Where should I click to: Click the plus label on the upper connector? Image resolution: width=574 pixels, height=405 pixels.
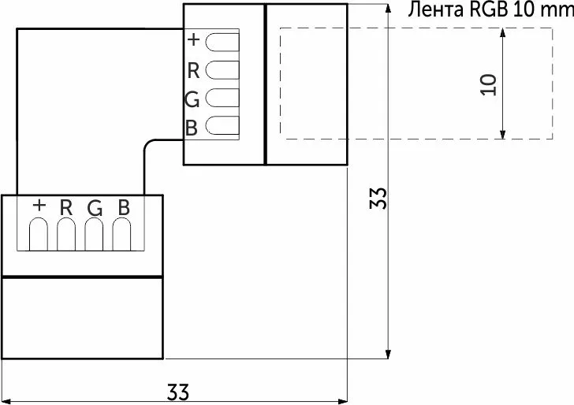tap(193, 39)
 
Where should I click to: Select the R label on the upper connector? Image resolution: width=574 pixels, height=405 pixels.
tap(193, 71)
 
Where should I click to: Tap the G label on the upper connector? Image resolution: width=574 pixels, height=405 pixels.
tap(192, 99)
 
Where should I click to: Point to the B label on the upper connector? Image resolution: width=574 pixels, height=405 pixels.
tap(192, 128)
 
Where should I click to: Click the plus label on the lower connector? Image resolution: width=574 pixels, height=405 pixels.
tap(39, 205)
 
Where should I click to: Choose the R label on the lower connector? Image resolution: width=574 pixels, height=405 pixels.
tap(66, 207)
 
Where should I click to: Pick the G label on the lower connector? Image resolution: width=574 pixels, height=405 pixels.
tap(95, 209)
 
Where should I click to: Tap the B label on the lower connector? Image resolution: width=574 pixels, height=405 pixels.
tap(124, 207)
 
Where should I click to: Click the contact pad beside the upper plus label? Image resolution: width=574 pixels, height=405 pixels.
tap(222, 42)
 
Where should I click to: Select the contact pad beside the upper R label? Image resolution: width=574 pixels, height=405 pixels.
tap(222, 70)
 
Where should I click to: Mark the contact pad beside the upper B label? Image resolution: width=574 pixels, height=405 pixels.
tap(222, 125)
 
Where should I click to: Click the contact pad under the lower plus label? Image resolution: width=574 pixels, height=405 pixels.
tap(39, 234)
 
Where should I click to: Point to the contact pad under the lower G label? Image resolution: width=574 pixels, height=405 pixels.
tap(94, 234)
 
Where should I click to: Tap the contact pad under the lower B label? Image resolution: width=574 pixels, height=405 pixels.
tap(121, 234)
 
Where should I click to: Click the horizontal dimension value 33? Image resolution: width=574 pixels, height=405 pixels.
tap(178, 392)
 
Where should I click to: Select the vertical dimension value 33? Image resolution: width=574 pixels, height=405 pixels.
tap(378, 199)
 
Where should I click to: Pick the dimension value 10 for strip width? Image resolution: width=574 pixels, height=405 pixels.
tap(488, 85)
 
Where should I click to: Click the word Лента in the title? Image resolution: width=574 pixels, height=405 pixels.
tap(436, 9)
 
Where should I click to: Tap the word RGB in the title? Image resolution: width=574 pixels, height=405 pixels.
tap(488, 9)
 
